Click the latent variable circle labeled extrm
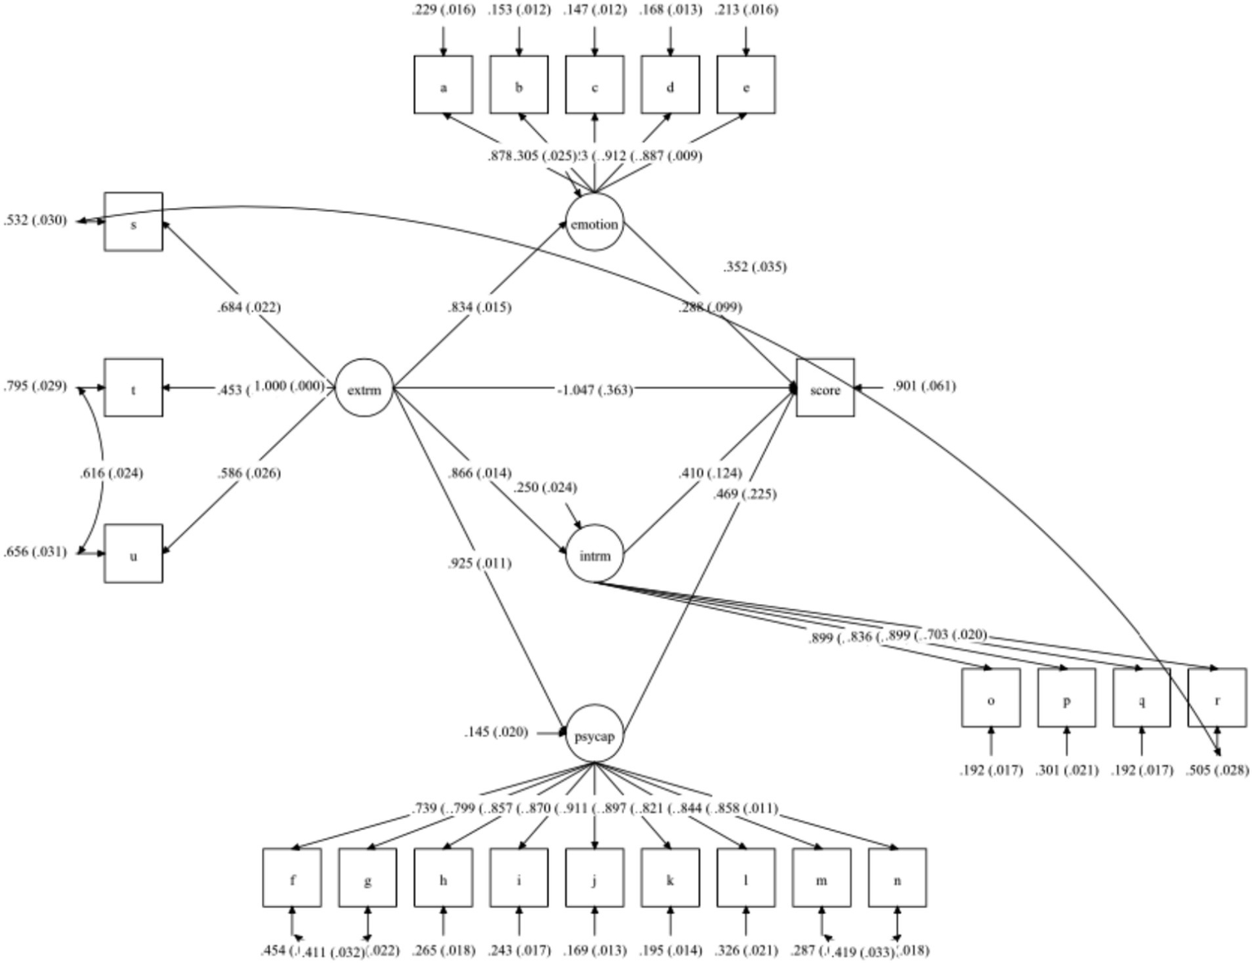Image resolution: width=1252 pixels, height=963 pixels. click(x=364, y=388)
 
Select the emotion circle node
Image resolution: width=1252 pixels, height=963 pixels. click(x=595, y=223)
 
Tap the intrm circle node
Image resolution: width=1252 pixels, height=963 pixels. click(x=595, y=554)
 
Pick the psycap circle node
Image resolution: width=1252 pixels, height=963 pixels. click(x=595, y=734)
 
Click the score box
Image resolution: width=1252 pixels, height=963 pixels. click(x=825, y=388)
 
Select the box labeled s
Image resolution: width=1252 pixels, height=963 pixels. click(x=134, y=222)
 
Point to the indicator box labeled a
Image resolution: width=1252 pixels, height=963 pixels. click(x=443, y=85)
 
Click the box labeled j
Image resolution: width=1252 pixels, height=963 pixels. click(x=595, y=878)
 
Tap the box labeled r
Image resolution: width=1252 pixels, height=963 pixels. click(x=1217, y=698)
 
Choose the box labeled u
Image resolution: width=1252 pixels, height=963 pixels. click(x=134, y=554)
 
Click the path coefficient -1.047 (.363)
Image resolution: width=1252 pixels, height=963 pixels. click(x=595, y=390)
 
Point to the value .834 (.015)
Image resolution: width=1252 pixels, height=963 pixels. click(x=479, y=307)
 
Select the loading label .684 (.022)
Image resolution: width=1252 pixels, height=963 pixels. click(x=248, y=307)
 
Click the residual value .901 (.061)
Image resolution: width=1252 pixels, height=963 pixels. click(x=923, y=387)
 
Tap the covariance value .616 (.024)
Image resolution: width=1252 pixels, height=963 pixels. click(x=111, y=473)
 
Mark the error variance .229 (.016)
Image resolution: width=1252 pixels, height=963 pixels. click(x=443, y=10)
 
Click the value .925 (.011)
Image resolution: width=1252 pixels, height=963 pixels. click(x=479, y=563)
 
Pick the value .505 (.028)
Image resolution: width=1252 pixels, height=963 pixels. click(x=1217, y=770)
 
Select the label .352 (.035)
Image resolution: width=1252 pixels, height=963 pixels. click(x=754, y=267)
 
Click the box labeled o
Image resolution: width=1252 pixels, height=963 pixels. click(x=990, y=698)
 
